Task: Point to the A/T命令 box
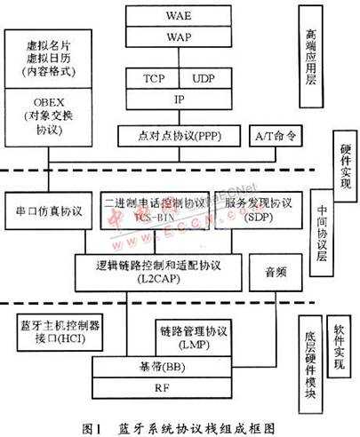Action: (269, 136)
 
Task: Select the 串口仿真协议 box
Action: (49, 210)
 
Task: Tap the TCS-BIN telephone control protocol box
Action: (155, 210)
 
